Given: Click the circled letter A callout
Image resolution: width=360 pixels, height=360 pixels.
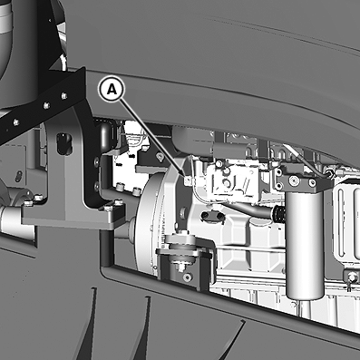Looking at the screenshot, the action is pyautogui.click(x=112, y=90).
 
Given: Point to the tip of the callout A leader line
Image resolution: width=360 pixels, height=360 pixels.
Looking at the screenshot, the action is pyautogui.click(x=185, y=175).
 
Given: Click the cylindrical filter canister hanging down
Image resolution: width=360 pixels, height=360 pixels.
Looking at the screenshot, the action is pyautogui.click(x=305, y=246).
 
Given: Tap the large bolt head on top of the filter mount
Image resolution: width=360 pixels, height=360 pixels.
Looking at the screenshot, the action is pyautogui.click(x=294, y=180).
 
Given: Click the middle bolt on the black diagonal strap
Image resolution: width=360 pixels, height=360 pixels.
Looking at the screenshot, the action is pyautogui.click(x=46, y=105).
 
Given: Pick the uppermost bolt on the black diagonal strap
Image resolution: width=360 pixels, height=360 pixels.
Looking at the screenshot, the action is pyautogui.click(x=64, y=96).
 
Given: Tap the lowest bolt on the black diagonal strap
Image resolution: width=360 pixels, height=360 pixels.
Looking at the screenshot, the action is pyautogui.click(x=15, y=122).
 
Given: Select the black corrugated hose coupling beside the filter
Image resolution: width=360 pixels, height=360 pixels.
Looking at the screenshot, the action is pyautogui.click(x=278, y=214).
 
